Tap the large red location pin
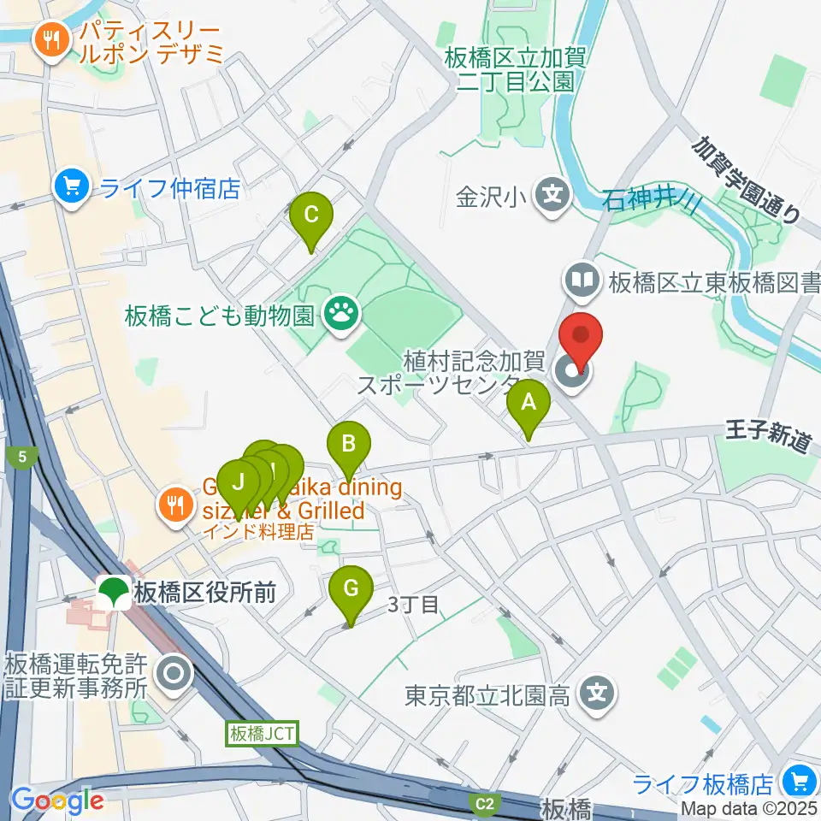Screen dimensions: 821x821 tap(582, 340)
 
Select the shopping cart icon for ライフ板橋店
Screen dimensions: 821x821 tap(800, 782)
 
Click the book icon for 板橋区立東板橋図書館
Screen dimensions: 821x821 tap(582, 281)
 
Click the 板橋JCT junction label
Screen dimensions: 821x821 tap(260, 734)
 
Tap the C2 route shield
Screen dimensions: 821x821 tap(485, 803)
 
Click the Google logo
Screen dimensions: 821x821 tap(56, 800)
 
